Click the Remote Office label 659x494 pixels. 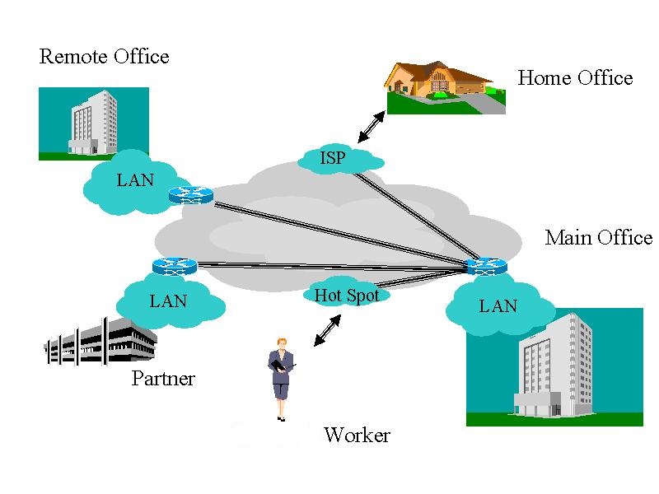104,57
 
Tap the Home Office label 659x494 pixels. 575,78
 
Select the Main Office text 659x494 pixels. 598,238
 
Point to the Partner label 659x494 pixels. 163,379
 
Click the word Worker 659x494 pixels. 357,436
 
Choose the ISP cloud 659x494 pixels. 333,157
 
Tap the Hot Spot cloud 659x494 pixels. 347,295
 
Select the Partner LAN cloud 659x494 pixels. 168,302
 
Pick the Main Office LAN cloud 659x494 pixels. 498,307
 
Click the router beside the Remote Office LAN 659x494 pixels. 190,195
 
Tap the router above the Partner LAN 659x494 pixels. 175,265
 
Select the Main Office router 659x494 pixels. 486,266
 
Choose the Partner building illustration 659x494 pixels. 100,339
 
